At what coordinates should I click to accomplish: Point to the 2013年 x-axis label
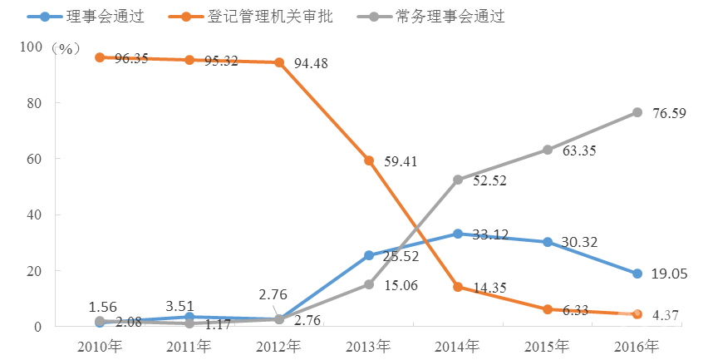coord(369,345)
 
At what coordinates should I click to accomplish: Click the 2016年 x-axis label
coord(638,345)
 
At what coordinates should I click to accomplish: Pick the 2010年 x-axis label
coord(100,345)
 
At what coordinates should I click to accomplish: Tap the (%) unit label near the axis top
coord(64,48)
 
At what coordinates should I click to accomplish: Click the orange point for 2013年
coord(369,160)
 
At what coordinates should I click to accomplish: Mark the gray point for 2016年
coord(637,112)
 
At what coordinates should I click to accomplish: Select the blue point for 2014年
coord(459,234)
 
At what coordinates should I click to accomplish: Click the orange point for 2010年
coord(100,57)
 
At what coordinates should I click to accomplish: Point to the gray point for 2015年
coord(548,150)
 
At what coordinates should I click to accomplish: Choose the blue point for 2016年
coord(637,274)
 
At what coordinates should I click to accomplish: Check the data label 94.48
coord(315,64)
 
